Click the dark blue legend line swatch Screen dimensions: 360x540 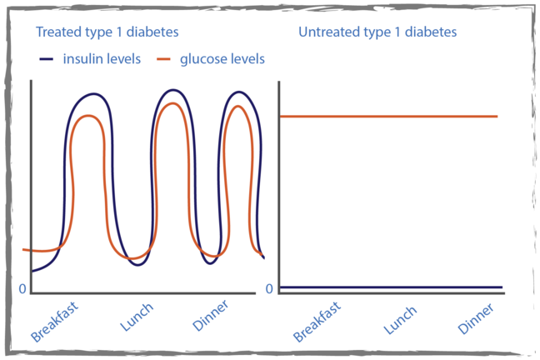(x=47, y=60)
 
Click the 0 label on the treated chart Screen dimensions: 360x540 (x=23, y=289)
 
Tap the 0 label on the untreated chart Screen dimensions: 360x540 (x=269, y=289)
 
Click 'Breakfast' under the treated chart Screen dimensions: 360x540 (x=55, y=321)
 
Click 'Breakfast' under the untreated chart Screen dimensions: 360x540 (x=317, y=321)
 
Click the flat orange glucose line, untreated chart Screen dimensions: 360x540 (x=387, y=117)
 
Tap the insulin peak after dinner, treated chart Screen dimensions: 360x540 (x=240, y=92)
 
